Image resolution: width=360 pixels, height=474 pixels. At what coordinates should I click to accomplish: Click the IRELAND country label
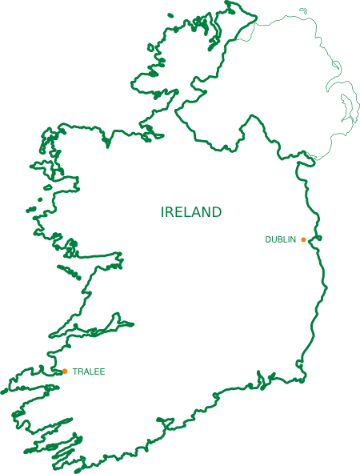coord(191,212)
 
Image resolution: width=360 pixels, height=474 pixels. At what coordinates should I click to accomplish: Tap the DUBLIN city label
coord(281,239)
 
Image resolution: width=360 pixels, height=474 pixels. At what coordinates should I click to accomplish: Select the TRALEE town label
coord(89,372)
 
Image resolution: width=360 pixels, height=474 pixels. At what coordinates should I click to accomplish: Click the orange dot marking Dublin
coord(304,239)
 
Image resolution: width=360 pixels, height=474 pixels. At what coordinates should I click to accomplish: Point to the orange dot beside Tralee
coord(65,371)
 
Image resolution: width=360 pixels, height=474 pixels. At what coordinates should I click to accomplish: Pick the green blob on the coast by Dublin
coord(318,238)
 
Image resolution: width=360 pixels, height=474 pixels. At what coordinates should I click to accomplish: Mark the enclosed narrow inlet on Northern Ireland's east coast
coord(346,108)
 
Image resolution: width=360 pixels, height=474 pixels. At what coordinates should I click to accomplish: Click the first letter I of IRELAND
coord(163,212)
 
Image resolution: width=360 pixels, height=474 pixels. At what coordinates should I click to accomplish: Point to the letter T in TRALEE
coord(74,372)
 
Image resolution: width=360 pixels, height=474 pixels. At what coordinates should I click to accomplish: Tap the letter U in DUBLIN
coord(274,239)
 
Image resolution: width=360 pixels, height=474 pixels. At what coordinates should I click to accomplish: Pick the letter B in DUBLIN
coord(281,239)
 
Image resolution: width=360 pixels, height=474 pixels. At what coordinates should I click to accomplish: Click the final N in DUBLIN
coord(294,239)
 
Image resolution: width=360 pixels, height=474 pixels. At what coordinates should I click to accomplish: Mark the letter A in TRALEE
coord(86,372)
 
